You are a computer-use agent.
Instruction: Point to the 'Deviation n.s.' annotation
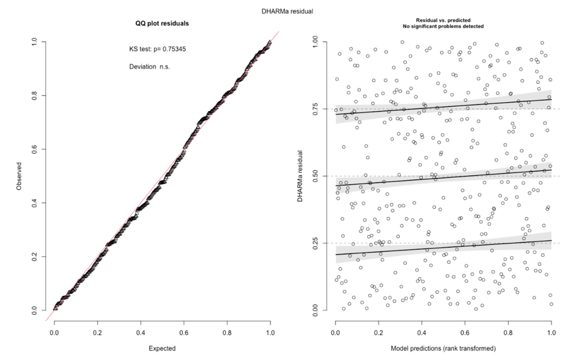tap(149, 67)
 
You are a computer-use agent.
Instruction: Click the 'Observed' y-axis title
tap(20, 176)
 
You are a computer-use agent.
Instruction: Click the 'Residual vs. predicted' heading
tap(443, 21)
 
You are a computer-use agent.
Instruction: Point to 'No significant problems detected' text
tap(443, 27)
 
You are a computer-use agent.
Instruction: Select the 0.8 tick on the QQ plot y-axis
tap(35, 95)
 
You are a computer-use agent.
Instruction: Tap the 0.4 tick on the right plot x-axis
tap(422, 331)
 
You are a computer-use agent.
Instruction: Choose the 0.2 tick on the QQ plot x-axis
tap(97, 331)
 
